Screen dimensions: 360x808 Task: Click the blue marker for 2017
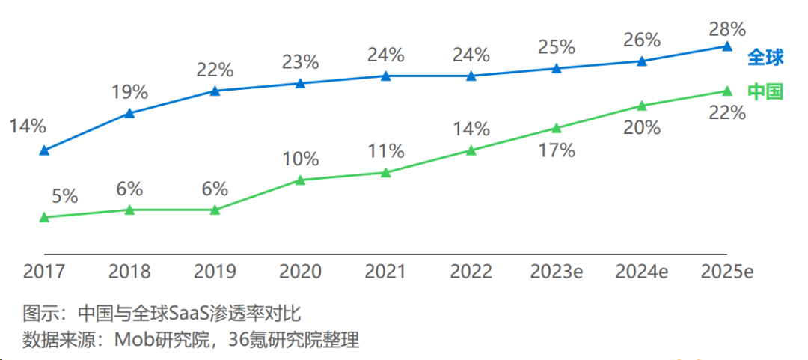[x=44, y=150]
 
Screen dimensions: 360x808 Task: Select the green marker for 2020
[x=300, y=180]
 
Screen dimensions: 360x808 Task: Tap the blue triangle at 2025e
[x=726, y=46]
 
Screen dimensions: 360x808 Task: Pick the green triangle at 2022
[x=471, y=150]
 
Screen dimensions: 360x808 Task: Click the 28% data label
[x=727, y=30]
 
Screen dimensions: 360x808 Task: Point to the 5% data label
[x=65, y=196]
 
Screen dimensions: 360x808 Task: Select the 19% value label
[x=129, y=93]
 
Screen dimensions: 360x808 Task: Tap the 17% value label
[x=557, y=150]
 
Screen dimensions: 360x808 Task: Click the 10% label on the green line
[x=301, y=159]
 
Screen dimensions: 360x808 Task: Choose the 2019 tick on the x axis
[x=215, y=272]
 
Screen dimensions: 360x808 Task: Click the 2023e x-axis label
[x=557, y=272]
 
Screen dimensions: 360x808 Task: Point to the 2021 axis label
[x=385, y=272]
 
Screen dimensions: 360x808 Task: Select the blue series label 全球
[x=765, y=58]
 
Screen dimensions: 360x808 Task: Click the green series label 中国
[x=765, y=91]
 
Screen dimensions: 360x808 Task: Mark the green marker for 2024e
[x=641, y=106]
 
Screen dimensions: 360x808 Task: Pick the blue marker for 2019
[x=215, y=91]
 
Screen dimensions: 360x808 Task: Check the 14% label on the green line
[x=471, y=129]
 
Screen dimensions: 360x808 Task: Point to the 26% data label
[x=642, y=40]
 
